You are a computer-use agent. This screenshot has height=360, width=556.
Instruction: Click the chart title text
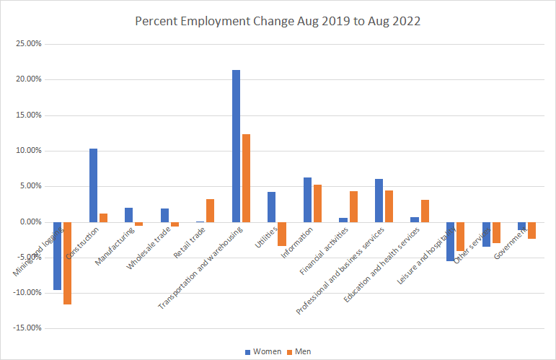278,21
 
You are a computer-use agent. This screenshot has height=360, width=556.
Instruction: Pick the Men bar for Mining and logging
67,263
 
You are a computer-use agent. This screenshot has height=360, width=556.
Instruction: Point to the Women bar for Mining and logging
58,256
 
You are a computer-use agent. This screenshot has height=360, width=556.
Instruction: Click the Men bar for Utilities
281,234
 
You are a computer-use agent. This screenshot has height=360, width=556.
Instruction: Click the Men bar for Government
531,230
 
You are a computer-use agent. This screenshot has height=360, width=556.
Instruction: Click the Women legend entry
262,351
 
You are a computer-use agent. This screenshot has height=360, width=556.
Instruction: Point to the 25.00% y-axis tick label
28,44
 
